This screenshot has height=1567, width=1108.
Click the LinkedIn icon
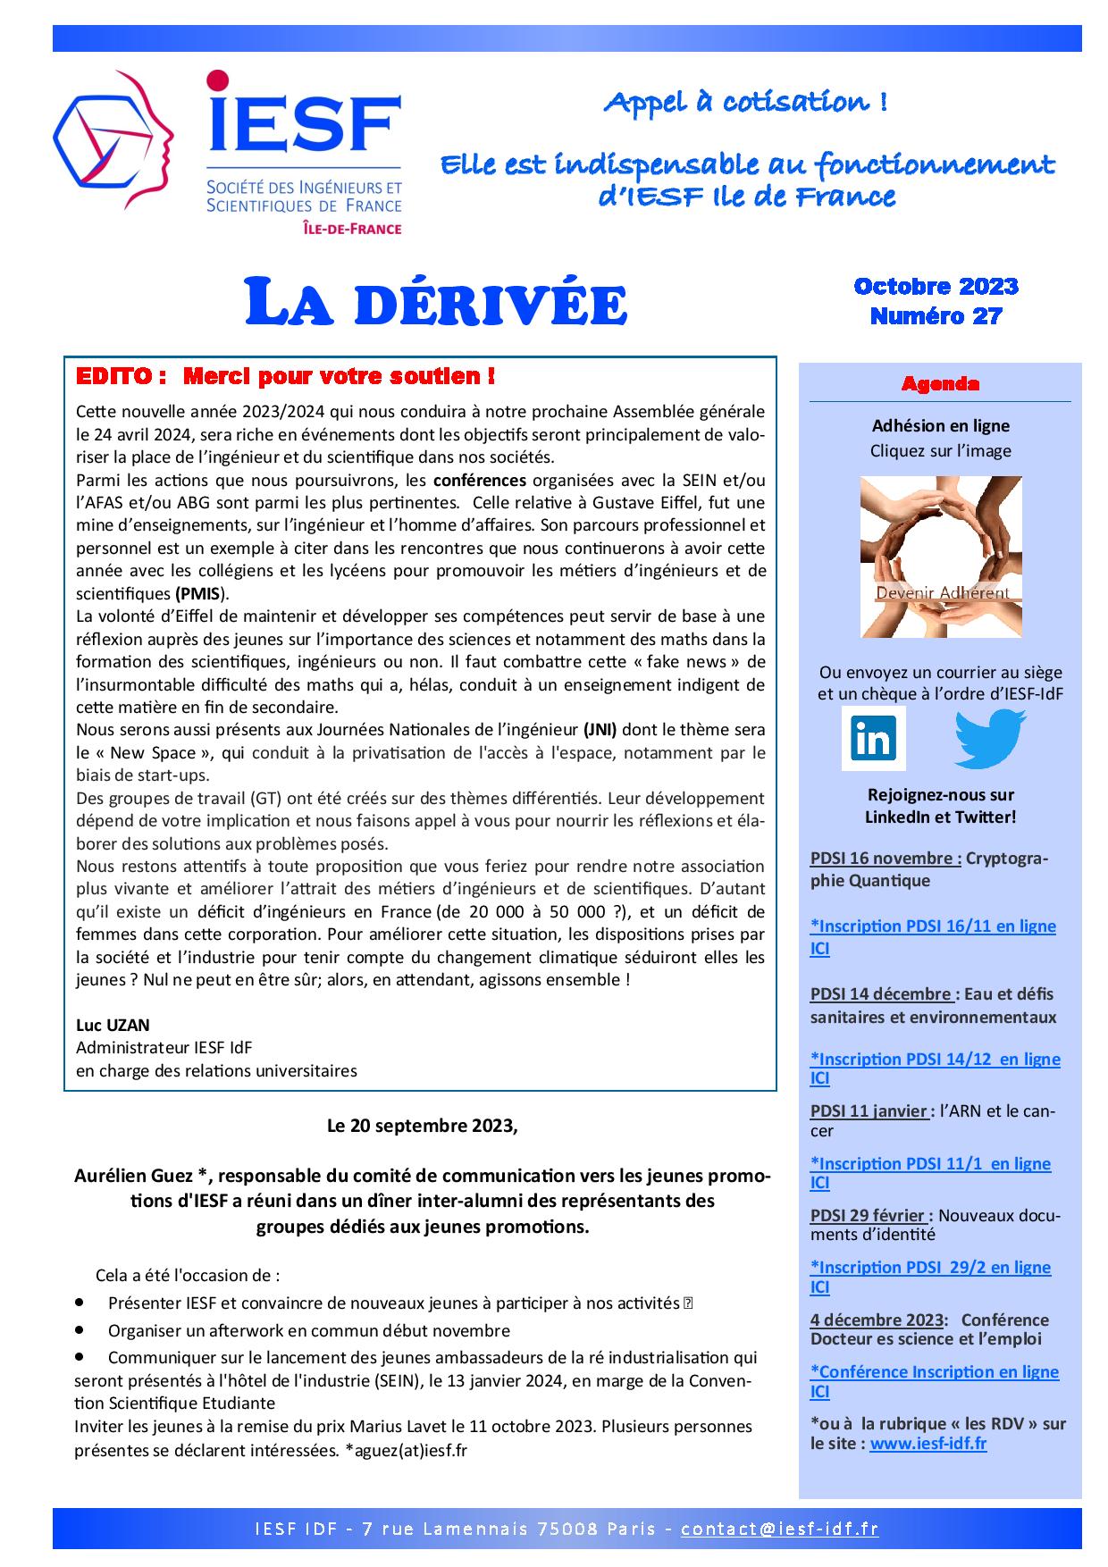(x=873, y=739)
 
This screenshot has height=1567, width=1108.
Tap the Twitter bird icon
(x=989, y=738)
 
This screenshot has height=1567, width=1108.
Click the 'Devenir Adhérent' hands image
(x=940, y=557)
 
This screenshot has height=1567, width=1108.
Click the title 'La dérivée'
(x=436, y=304)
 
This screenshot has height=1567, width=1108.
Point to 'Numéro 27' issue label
(x=936, y=315)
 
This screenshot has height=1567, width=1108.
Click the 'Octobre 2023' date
(x=936, y=286)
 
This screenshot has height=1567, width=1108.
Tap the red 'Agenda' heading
(x=940, y=384)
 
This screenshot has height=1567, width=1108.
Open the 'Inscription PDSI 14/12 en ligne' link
(x=935, y=1060)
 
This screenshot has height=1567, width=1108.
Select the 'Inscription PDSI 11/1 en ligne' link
(x=930, y=1163)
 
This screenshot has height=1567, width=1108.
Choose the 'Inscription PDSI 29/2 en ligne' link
(x=930, y=1267)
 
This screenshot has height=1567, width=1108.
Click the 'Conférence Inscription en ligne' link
(x=934, y=1371)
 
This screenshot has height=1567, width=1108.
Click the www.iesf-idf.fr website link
(x=928, y=1444)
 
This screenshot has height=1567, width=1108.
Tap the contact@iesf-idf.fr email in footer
(x=779, y=1529)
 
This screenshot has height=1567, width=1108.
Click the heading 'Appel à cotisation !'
(x=745, y=103)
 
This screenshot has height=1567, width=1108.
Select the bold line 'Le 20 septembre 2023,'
(x=422, y=1126)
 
